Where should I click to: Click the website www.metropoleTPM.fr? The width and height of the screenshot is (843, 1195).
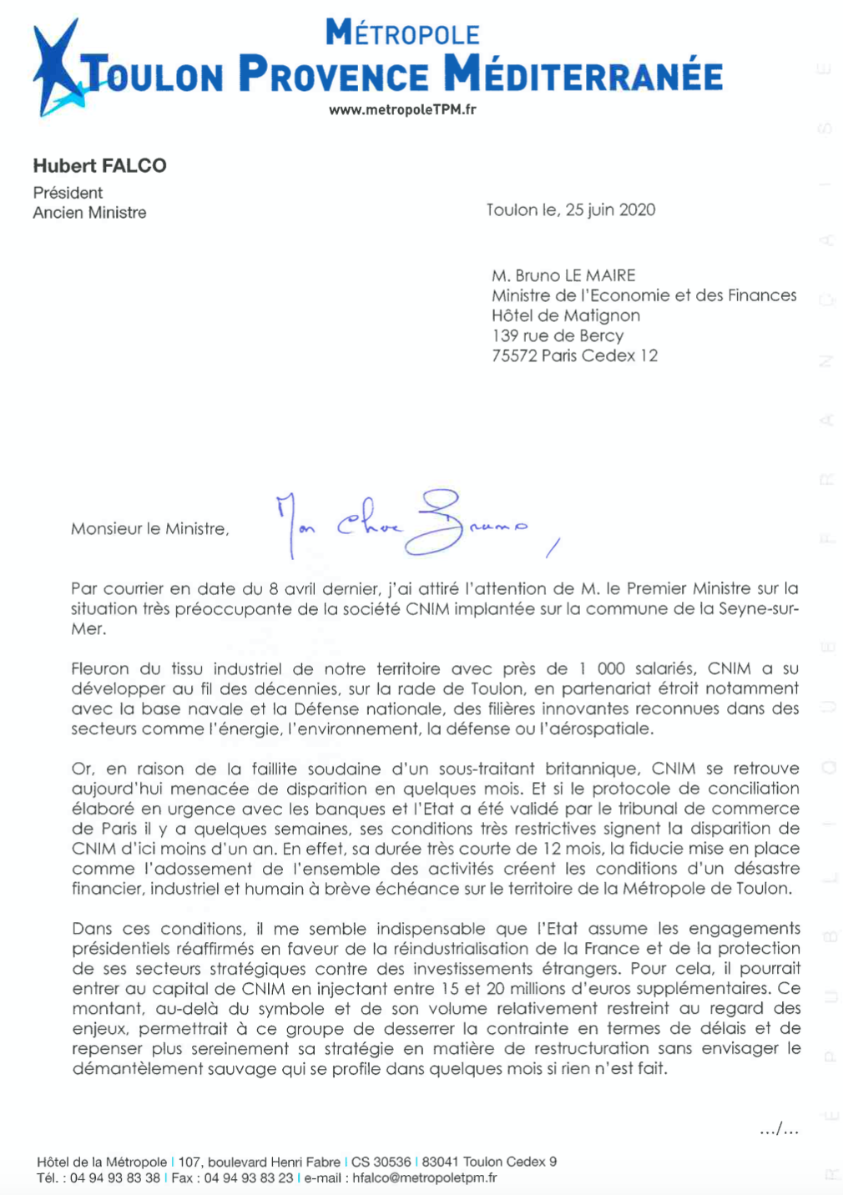(x=402, y=109)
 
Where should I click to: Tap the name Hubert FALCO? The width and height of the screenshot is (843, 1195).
(x=99, y=165)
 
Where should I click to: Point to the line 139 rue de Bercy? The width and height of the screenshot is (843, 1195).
(x=557, y=335)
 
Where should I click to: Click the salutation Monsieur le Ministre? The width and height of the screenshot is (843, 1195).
(x=149, y=529)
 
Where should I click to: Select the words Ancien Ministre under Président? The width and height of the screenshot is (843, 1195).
(x=89, y=213)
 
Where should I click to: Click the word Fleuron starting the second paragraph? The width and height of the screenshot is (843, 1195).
(x=100, y=668)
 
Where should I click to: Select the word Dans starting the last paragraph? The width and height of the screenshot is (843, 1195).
(x=92, y=929)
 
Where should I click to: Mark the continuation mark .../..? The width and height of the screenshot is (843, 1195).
(x=779, y=1130)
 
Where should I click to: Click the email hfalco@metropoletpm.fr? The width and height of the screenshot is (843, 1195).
(x=424, y=1178)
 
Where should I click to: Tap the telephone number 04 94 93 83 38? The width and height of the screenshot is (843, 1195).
(x=115, y=1178)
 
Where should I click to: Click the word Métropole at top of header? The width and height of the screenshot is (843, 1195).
(x=402, y=33)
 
